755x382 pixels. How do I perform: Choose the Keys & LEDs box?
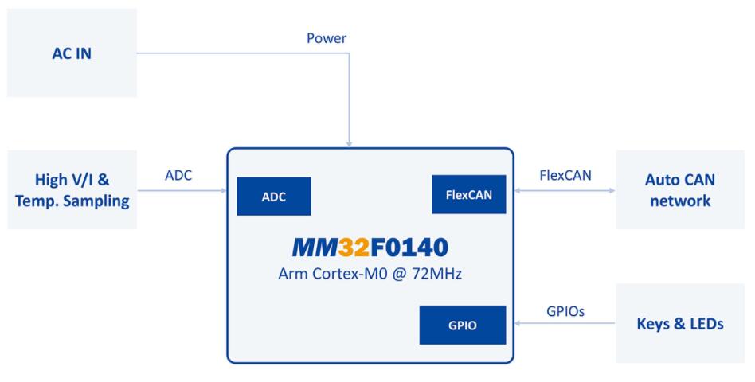coord(680,323)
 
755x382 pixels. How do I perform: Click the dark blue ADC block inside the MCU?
coord(273,197)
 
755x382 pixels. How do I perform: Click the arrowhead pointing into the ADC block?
coord(223,192)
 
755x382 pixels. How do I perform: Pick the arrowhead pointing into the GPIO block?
coord(518,324)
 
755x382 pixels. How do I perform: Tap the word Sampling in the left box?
coord(96,201)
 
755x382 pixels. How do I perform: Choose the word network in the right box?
coord(680,201)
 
